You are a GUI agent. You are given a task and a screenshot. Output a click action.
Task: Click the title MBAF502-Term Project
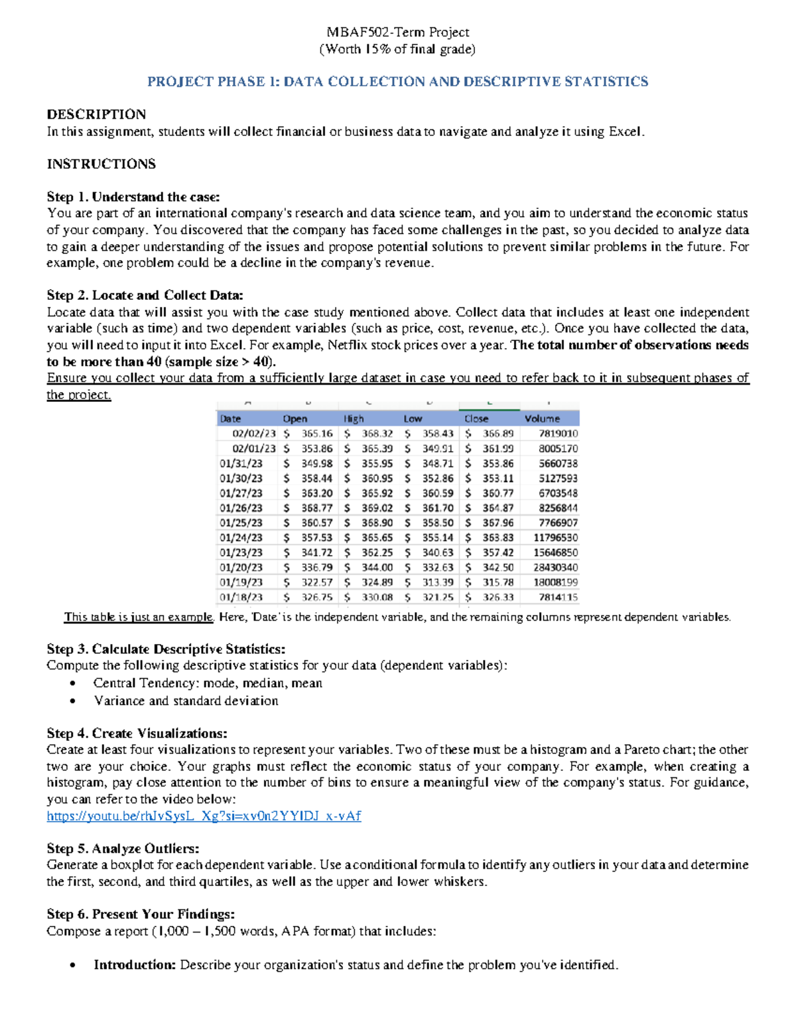click(x=397, y=32)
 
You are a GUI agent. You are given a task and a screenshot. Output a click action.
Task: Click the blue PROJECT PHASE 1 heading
click(x=397, y=82)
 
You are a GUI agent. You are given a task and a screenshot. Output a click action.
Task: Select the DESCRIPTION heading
click(x=96, y=114)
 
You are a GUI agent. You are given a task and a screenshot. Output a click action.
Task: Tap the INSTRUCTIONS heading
click(x=101, y=164)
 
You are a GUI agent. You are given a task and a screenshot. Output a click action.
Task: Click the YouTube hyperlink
click(x=204, y=816)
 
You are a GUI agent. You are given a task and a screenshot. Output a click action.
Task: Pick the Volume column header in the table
click(x=542, y=418)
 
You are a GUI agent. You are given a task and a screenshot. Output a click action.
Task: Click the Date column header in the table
click(x=230, y=418)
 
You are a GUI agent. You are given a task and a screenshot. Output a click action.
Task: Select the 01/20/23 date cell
click(x=241, y=567)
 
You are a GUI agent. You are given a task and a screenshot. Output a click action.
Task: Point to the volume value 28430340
click(x=555, y=567)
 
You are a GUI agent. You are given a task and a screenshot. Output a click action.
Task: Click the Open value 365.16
click(x=316, y=433)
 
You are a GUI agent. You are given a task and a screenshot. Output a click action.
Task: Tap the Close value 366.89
click(x=497, y=433)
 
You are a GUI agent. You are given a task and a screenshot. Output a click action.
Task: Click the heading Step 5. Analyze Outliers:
click(x=123, y=848)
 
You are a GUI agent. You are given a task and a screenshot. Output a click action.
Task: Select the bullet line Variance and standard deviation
click(x=186, y=700)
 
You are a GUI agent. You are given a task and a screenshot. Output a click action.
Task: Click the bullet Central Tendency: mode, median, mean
click(x=208, y=683)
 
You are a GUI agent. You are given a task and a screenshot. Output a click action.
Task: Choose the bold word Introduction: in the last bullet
click(x=135, y=964)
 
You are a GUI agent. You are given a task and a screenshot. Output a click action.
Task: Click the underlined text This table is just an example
click(x=139, y=617)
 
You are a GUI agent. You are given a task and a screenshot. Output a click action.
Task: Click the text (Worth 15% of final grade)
click(x=397, y=49)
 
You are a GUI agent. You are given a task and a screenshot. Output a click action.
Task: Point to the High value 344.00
click(x=377, y=567)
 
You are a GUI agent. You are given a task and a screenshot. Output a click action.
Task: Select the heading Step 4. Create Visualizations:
click(x=137, y=733)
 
